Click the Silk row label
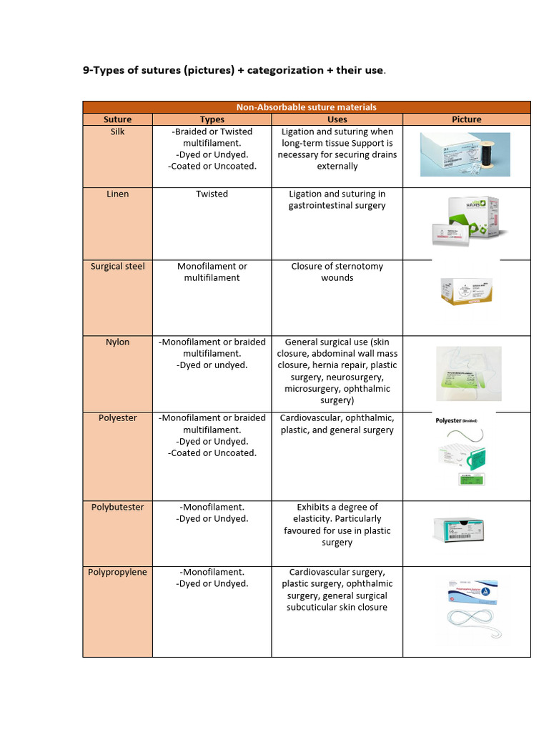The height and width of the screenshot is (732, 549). (x=117, y=132)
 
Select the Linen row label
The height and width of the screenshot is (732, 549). (x=117, y=194)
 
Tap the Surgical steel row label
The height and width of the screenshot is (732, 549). (x=117, y=266)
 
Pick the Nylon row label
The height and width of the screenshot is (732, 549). (x=117, y=342)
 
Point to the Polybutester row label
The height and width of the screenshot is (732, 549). (x=117, y=507)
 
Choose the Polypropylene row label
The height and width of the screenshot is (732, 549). (x=117, y=572)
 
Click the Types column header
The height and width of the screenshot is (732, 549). (x=212, y=119)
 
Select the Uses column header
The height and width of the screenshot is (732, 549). (x=337, y=119)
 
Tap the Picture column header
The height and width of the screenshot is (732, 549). (x=467, y=119)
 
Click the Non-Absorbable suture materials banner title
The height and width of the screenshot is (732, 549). (x=306, y=107)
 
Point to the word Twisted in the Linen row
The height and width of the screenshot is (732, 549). (x=212, y=194)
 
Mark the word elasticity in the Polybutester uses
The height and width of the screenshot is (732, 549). (x=308, y=519)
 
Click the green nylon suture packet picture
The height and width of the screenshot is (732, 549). (x=468, y=374)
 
